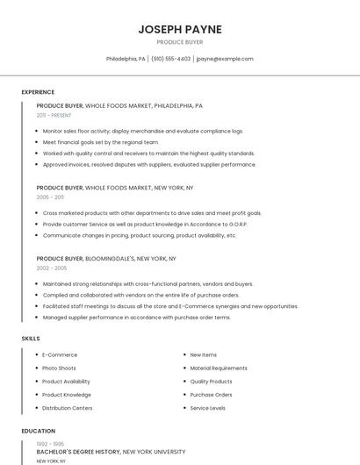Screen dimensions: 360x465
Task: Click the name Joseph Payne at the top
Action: pyautogui.click(x=180, y=29)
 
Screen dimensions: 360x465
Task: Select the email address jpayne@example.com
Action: pyautogui.click(x=225, y=59)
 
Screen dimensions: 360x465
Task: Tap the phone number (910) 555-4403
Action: pyautogui.click(x=170, y=59)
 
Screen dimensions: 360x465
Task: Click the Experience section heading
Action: pyautogui.click(x=38, y=92)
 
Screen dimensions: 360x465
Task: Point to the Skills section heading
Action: pyautogui.click(x=31, y=338)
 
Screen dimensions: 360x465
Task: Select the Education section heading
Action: pyautogui.click(x=39, y=431)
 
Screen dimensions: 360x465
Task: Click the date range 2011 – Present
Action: pyautogui.click(x=54, y=115)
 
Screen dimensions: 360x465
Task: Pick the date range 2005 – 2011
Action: pyautogui.click(x=50, y=197)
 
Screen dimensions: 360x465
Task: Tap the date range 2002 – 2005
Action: pyautogui.click(x=51, y=268)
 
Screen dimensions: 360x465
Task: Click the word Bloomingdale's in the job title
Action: pyautogui.click(x=110, y=259)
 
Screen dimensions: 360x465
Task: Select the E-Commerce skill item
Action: pyautogui.click(x=60, y=354)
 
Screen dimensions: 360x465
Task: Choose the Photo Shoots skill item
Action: pyautogui.click(x=59, y=368)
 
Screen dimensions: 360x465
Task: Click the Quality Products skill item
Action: pyautogui.click(x=211, y=382)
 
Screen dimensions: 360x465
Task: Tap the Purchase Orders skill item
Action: pyautogui.click(x=211, y=395)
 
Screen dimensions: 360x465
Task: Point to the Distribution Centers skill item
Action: pyautogui.click(x=67, y=408)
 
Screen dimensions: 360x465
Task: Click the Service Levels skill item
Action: pyautogui.click(x=207, y=408)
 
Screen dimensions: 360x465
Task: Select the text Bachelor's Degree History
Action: pyautogui.click(x=78, y=452)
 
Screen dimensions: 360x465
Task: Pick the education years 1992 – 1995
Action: pyautogui.click(x=49, y=444)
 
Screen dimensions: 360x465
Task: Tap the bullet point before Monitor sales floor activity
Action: pyautogui.click(x=36, y=131)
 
